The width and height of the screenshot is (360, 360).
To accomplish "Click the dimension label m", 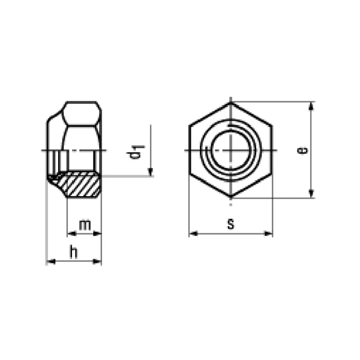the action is [85, 225].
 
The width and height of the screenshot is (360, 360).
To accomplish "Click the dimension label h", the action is [73, 251].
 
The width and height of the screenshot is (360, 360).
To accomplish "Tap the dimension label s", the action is [231, 224].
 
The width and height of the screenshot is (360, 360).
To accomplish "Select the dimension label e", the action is [302, 151].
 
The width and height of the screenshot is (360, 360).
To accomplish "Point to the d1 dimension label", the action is [136, 152].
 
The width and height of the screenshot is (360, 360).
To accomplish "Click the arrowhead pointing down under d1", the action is [151, 172].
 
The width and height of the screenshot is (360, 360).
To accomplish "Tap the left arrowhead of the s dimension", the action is [194, 233].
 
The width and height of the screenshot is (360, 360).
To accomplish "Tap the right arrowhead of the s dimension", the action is [268, 233].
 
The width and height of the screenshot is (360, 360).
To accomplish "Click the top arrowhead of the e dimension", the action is [311, 106].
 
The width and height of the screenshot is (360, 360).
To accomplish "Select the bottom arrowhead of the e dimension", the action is [311, 193].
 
